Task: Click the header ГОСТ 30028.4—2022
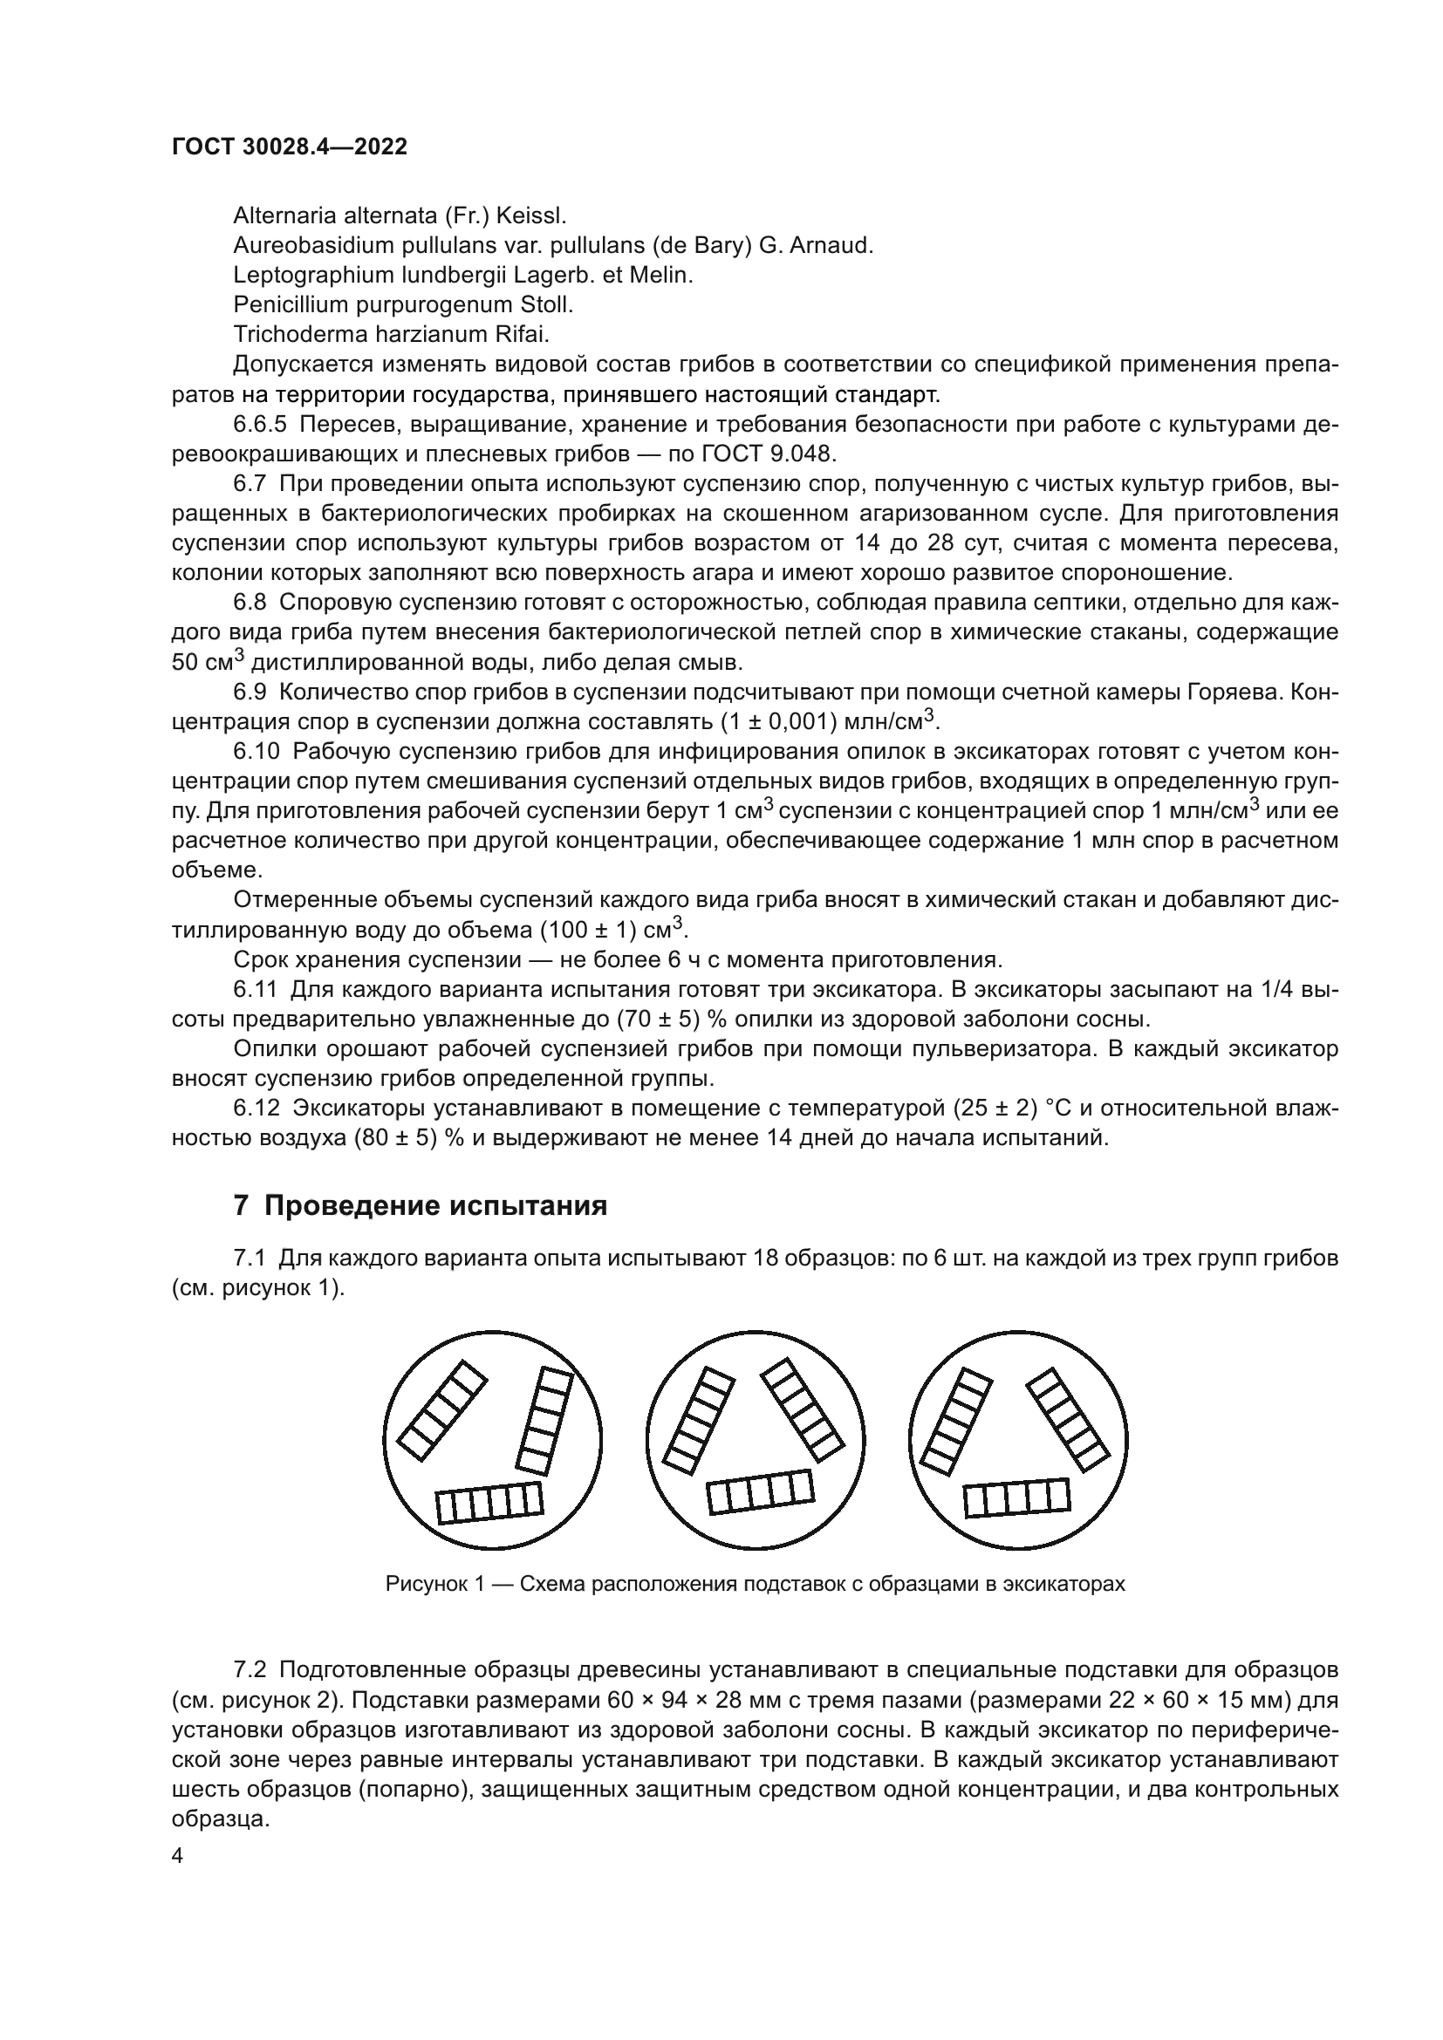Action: click(x=290, y=147)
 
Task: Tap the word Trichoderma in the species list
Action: click(x=290, y=334)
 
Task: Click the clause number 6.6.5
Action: click(x=260, y=424)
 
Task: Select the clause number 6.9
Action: click(x=250, y=692)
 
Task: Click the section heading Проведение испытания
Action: click(x=436, y=1205)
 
